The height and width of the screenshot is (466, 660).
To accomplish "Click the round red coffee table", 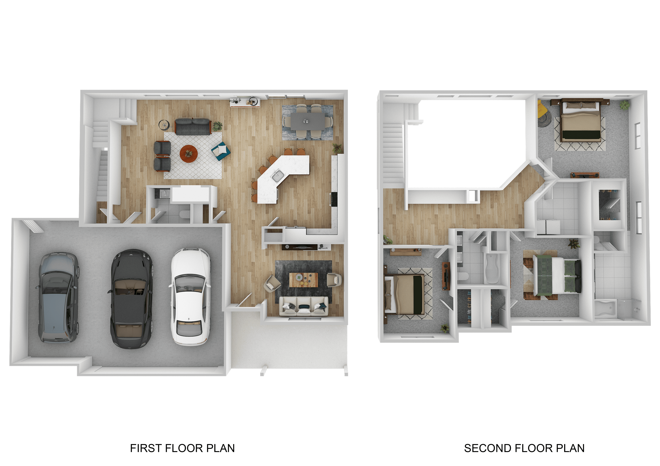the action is pyautogui.click(x=189, y=154).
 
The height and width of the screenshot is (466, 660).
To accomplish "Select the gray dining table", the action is pyautogui.click(x=308, y=121).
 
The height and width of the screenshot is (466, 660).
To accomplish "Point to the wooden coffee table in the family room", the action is pyautogui.click(x=304, y=280).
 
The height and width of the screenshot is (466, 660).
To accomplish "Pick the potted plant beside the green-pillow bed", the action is pyautogui.click(x=574, y=244).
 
